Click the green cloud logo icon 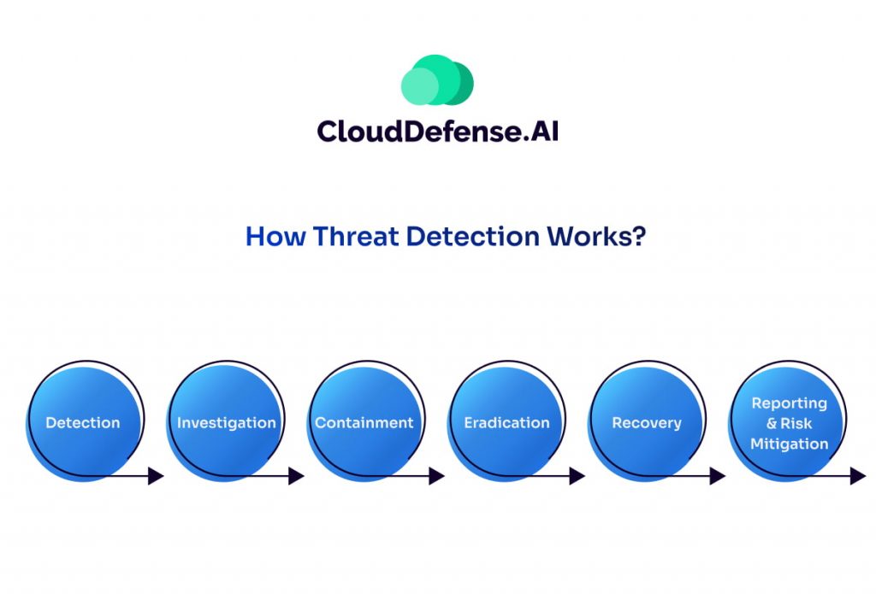point(437,79)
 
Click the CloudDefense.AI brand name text point(437,132)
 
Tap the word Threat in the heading point(356,236)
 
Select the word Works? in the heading point(596,236)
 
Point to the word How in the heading point(275,236)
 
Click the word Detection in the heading point(472,236)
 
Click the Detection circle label point(83,422)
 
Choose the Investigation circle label point(226,422)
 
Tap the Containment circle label point(364,422)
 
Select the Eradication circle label point(506,422)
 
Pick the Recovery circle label point(647,423)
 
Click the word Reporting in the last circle point(789,403)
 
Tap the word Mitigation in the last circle point(789,444)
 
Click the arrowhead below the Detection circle point(156,476)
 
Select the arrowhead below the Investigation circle point(296,476)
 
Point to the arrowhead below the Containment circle point(437,476)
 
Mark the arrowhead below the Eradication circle point(577,476)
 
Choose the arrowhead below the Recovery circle point(718,476)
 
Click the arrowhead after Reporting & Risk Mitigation point(858,476)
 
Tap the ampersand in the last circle point(772,424)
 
